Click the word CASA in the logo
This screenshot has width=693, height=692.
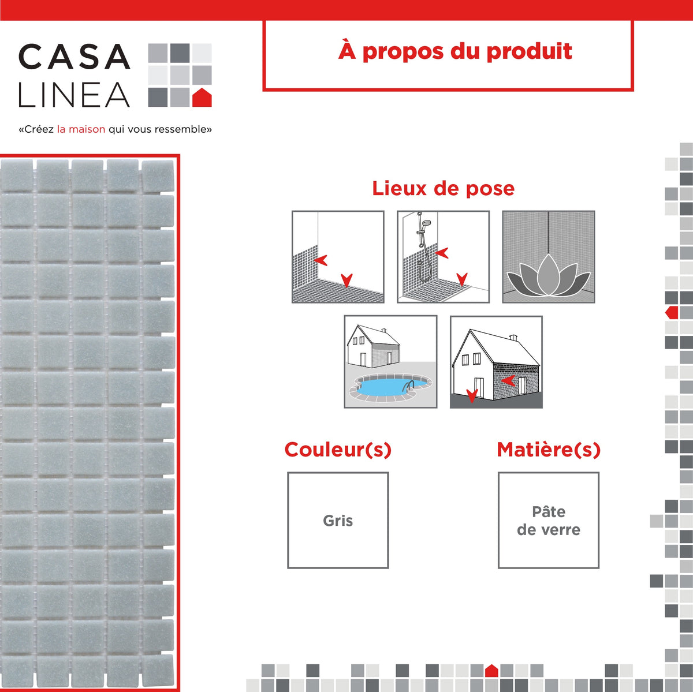pyautogui.click(x=74, y=57)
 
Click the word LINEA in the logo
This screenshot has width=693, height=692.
pyautogui.click(x=74, y=95)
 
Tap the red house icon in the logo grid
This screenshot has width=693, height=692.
pyautogui.click(x=202, y=98)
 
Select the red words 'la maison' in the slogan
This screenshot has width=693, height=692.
pyautogui.click(x=81, y=129)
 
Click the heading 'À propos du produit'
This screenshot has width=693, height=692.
pyautogui.click(x=455, y=51)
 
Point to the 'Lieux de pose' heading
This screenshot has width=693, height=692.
pyautogui.click(x=443, y=188)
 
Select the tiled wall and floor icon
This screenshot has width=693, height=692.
pyautogui.click(x=338, y=257)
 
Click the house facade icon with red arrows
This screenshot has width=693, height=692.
pyautogui.click(x=496, y=362)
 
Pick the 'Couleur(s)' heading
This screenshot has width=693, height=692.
pyautogui.click(x=338, y=450)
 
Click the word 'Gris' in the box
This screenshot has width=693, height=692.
pyautogui.click(x=338, y=521)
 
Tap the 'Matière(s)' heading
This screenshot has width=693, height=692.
pyautogui.click(x=549, y=450)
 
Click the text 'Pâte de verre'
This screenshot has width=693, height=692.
pyautogui.click(x=549, y=521)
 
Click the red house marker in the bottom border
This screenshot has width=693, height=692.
pyautogui.click(x=491, y=671)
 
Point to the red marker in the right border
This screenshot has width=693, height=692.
pyautogui.click(x=672, y=313)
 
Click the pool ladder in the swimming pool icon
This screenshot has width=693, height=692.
pyautogui.click(x=409, y=385)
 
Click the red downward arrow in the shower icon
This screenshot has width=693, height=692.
pyautogui.click(x=462, y=280)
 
